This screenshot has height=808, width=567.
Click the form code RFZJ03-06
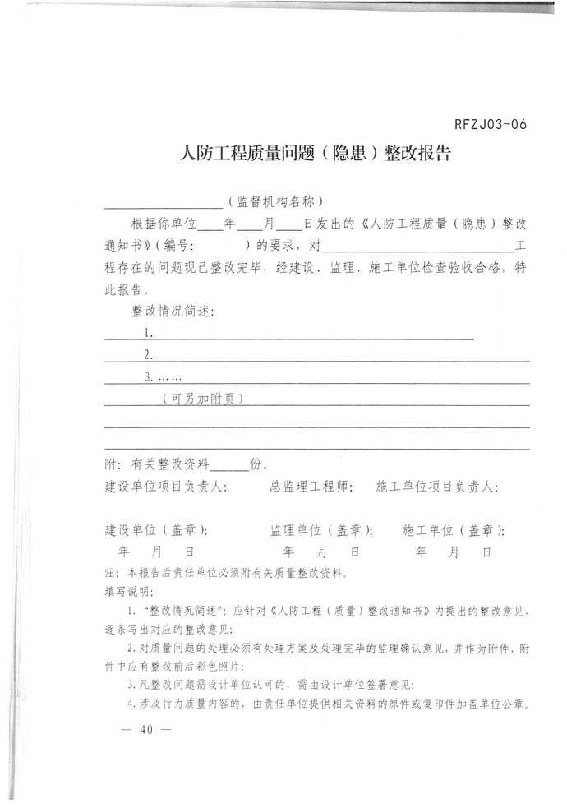pos(489,125)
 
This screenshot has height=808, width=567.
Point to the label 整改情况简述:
pos(173,312)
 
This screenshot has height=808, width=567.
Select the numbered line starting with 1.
pos(308,334)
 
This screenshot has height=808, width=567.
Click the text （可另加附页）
pos(202,399)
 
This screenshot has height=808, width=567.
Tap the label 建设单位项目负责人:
pos(167,487)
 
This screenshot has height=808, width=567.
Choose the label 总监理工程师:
pos(309,487)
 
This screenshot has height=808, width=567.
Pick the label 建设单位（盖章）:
pos(156,530)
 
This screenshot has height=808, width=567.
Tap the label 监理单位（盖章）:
pos(321,530)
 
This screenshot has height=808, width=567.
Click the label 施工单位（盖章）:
pos(454,530)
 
